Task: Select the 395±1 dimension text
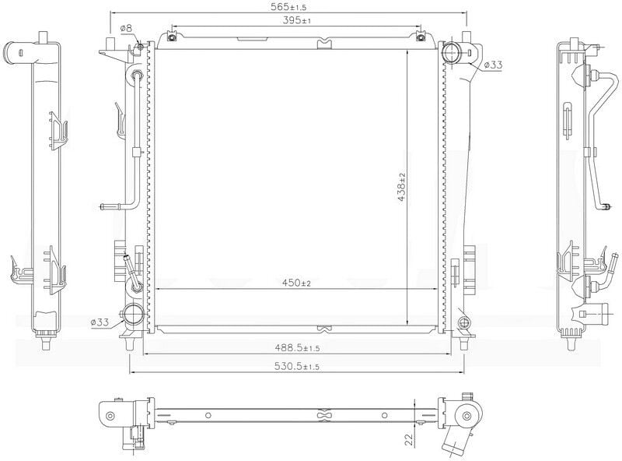[295, 20]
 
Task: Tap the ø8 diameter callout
[127, 29]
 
